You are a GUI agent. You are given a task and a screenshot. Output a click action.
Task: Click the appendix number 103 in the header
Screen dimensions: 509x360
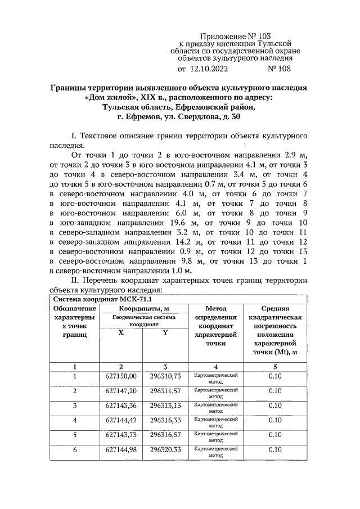263,35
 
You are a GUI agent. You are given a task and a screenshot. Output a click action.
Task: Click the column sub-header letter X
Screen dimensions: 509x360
120,332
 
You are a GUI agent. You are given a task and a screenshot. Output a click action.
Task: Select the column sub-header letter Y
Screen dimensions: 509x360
165,332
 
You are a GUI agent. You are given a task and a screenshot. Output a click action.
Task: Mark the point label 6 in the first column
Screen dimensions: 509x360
74,449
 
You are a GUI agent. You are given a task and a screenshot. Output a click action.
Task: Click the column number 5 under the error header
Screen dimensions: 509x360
275,366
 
